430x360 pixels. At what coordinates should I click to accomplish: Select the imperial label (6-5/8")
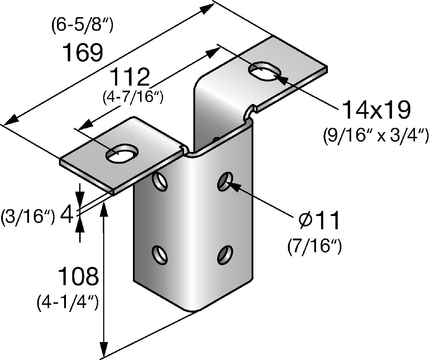click(x=83, y=27)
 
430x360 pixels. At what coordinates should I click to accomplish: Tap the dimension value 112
click(x=129, y=77)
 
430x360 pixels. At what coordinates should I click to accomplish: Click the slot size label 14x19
click(x=376, y=110)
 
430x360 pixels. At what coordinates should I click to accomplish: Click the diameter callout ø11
click(x=318, y=221)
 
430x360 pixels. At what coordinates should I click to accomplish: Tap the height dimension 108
click(x=78, y=277)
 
